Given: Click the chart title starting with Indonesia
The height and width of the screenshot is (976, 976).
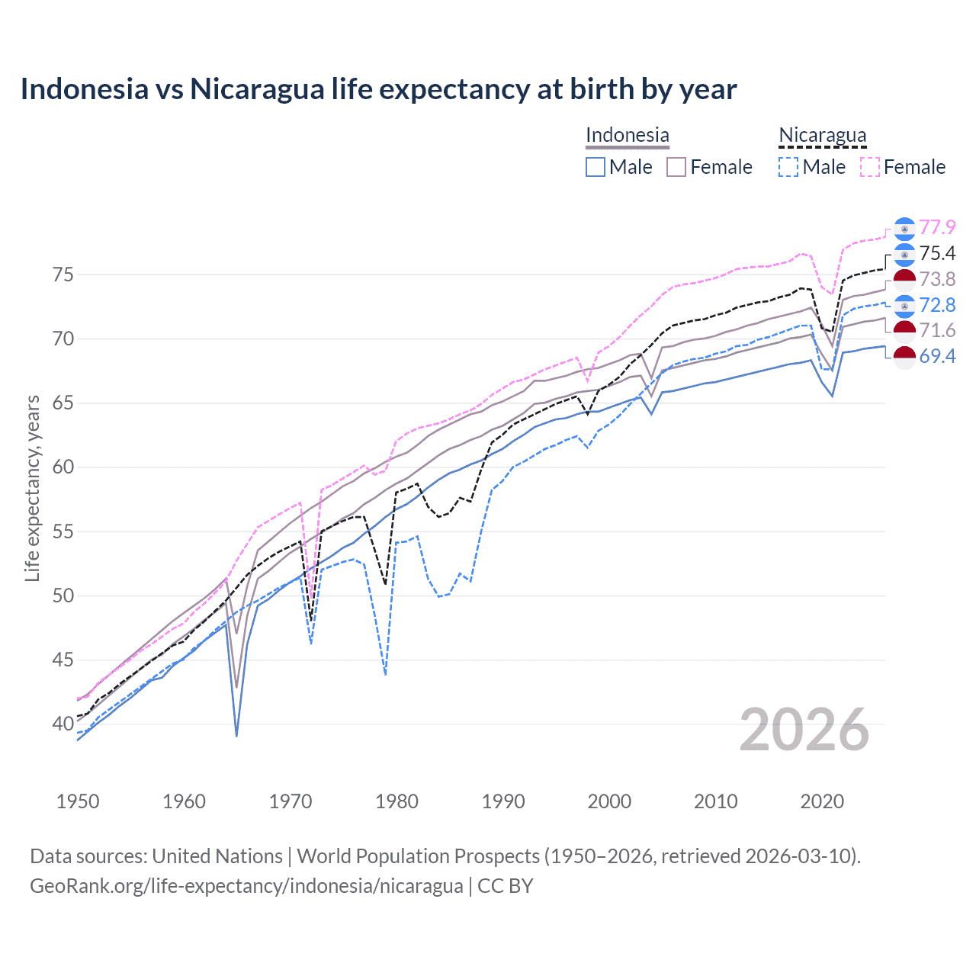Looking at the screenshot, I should pyautogui.click(x=378, y=89).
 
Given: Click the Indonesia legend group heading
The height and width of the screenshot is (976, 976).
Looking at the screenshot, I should pyautogui.click(x=627, y=136).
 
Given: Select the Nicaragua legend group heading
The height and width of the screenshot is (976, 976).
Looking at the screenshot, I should pyautogui.click(x=822, y=136).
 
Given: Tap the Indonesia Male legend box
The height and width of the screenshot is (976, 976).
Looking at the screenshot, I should pyautogui.click(x=596, y=167).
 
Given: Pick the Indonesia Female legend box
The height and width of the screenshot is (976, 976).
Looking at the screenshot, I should pyautogui.click(x=676, y=167).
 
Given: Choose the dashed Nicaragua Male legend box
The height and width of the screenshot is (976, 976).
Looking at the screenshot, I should pyautogui.click(x=788, y=167).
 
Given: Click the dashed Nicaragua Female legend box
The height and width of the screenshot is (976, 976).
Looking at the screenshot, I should pyautogui.click(x=870, y=167).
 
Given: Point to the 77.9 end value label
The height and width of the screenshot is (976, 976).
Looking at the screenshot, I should pyautogui.click(x=937, y=227).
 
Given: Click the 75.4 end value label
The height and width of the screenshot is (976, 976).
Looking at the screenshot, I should pyautogui.click(x=937, y=253).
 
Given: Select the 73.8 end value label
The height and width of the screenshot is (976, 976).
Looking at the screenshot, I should pyautogui.click(x=937, y=279).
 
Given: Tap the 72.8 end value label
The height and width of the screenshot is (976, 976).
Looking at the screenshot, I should pyautogui.click(x=937, y=305).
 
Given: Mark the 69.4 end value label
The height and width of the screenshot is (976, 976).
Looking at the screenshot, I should pyautogui.click(x=937, y=356).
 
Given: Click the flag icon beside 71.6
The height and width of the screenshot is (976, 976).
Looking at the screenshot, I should pyautogui.click(x=904, y=331).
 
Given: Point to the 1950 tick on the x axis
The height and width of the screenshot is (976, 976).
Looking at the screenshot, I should pyautogui.click(x=78, y=801).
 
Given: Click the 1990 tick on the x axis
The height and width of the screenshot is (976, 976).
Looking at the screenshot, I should pyautogui.click(x=503, y=801).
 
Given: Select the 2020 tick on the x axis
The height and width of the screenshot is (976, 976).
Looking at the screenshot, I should pyautogui.click(x=822, y=801).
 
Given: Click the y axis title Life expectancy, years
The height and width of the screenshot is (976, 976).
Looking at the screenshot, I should pyautogui.click(x=32, y=488).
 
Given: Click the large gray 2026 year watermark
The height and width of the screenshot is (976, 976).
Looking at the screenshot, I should pyautogui.click(x=804, y=730).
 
